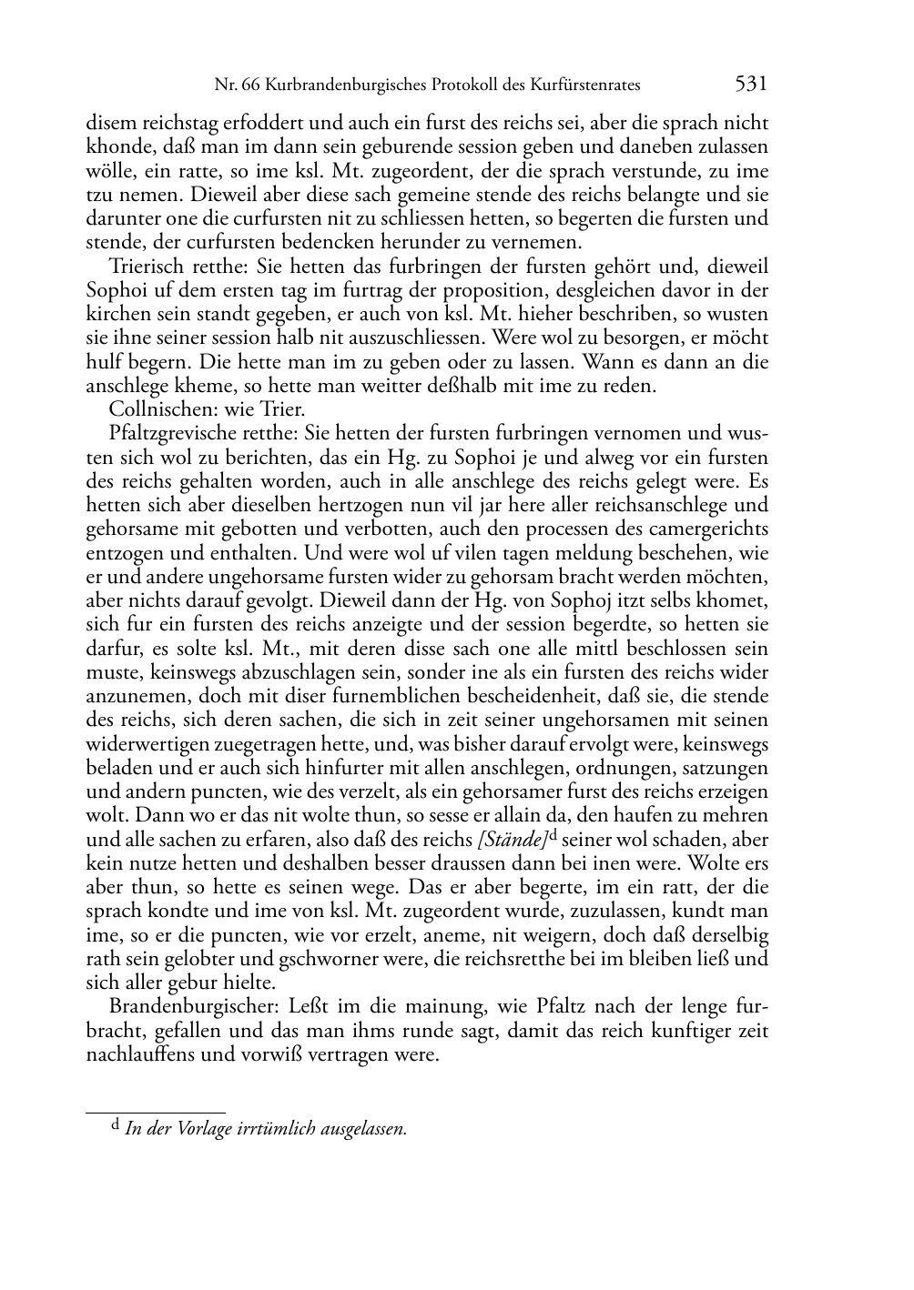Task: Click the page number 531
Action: click(750, 85)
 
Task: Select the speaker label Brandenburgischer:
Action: click(195, 1007)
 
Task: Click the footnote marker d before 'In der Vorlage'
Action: click(115, 1126)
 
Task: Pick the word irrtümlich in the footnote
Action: click(274, 1129)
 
